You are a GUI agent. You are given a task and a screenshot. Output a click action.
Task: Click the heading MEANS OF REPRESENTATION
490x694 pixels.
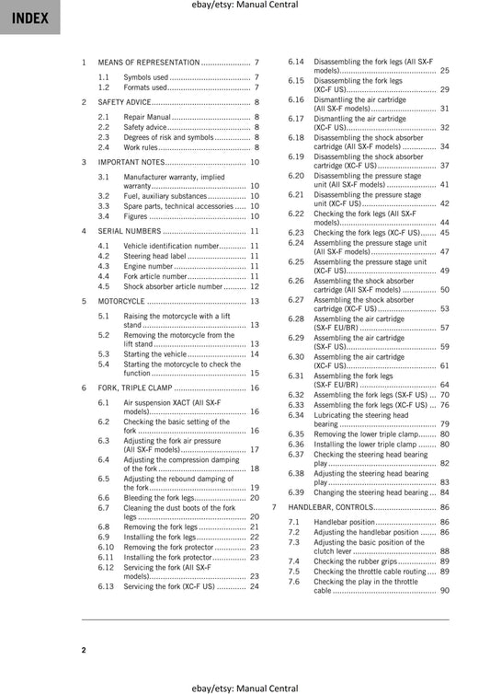148,62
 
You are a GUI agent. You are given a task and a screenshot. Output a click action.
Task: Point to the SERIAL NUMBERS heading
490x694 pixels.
130,231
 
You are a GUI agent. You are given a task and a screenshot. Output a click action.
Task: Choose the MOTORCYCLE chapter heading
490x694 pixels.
122,300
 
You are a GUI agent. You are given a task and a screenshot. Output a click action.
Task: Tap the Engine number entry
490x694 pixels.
148,266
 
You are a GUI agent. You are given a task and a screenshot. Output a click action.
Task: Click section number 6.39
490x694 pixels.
296,492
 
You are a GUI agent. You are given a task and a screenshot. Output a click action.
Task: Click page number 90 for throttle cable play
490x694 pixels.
444,590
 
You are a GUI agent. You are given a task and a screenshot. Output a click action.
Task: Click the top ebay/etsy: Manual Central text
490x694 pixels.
245,8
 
